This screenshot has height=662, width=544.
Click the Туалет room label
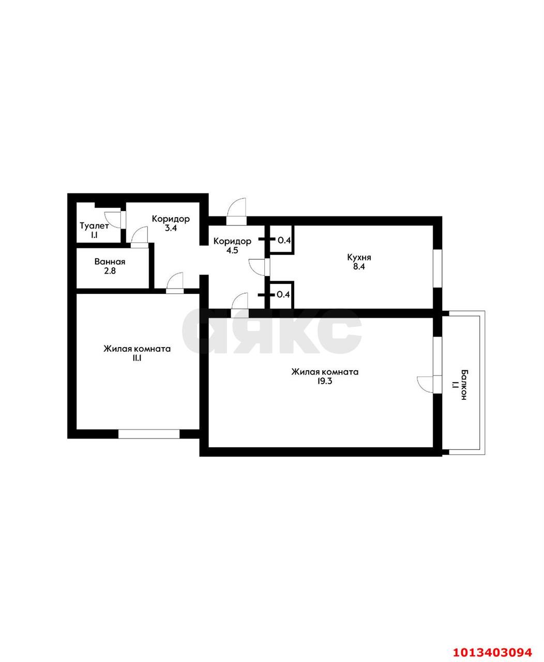94,226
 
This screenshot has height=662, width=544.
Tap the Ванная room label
110,262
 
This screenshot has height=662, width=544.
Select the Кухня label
359,257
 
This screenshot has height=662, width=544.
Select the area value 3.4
171,228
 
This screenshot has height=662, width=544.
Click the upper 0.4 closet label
284,240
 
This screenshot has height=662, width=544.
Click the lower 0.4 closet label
283,295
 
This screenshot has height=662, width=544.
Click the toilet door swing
113,220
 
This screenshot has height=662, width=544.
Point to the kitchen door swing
257,266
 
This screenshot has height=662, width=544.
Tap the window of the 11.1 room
149,434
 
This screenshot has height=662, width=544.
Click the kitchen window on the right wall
437,268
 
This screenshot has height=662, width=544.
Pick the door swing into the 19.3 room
240,301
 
